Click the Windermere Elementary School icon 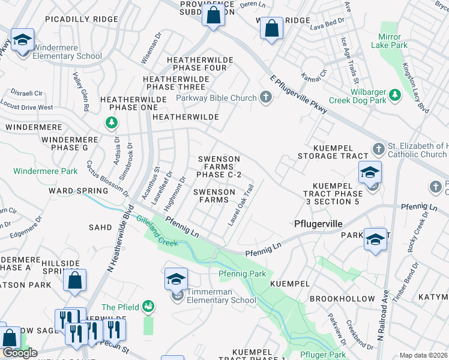pyautogui.click(x=22, y=41)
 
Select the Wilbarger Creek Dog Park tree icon pyautogui.click(x=394, y=95)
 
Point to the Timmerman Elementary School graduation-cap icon pyautogui.click(x=176, y=280)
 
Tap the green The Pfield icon pyautogui.click(x=148, y=307)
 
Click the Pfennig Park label pyautogui.click(x=242, y=274)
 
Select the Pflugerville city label pyautogui.click(x=318, y=223)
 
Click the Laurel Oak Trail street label pyautogui.click(x=241, y=205)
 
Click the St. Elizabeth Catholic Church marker pyautogui.click(x=378, y=148)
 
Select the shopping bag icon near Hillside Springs pyautogui.click(x=75, y=281)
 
